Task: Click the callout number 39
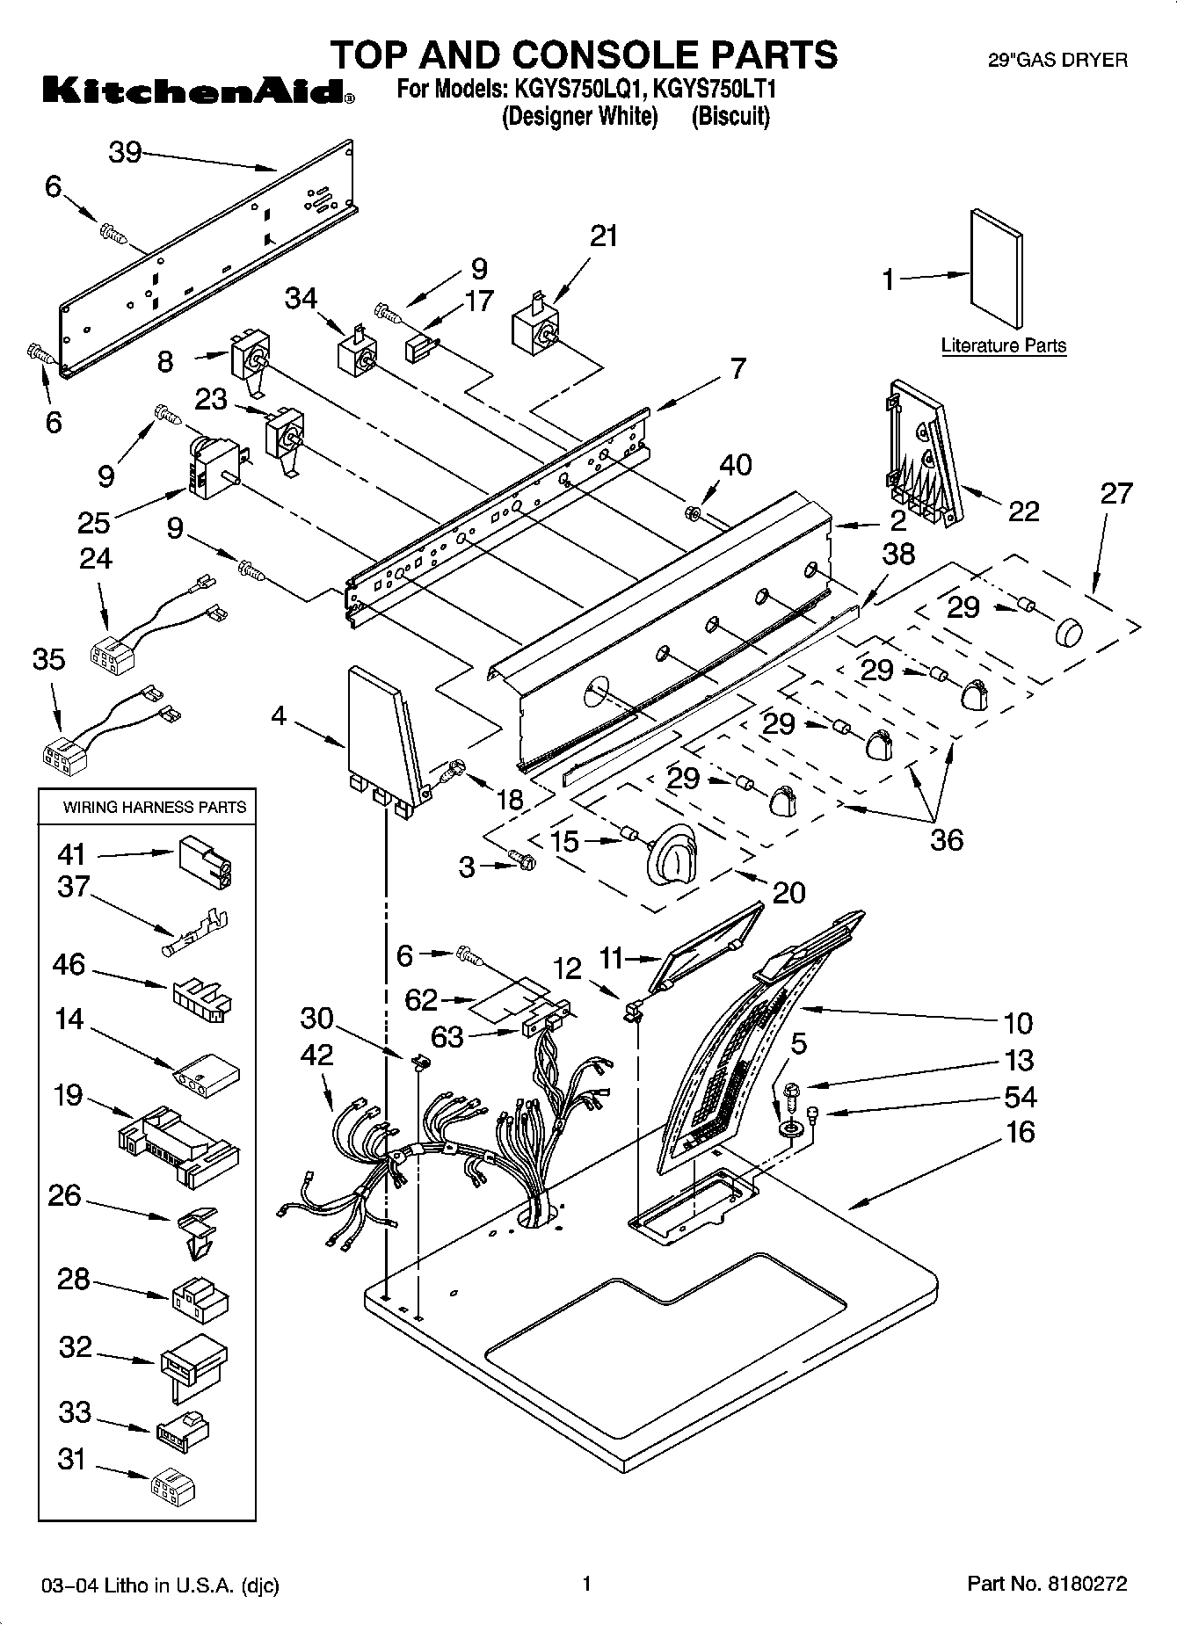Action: (x=125, y=152)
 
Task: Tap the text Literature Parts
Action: (x=1003, y=345)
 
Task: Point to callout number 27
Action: (x=1115, y=493)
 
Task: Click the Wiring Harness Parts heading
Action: (x=155, y=807)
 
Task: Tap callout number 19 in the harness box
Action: (x=68, y=1095)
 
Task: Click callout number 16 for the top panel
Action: (x=1019, y=1132)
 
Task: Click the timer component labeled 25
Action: (x=210, y=467)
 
